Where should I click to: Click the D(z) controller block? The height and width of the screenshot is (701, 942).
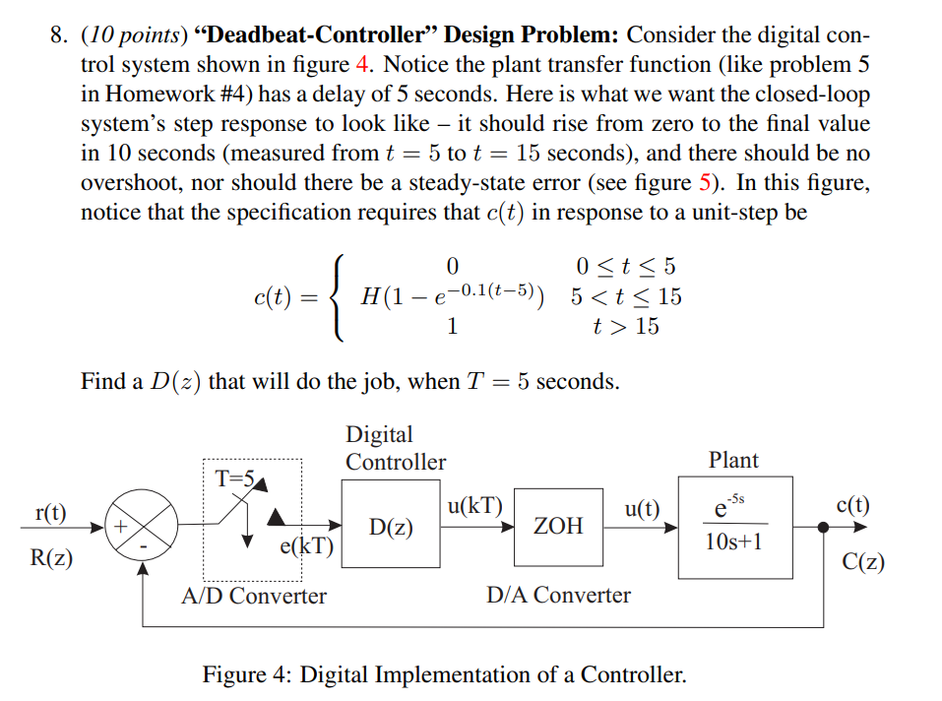(392, 527)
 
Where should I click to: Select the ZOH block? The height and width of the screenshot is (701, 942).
(558, 527)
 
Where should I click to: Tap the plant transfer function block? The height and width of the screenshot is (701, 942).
(734, 527)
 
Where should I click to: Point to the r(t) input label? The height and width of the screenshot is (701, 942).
(49, 512)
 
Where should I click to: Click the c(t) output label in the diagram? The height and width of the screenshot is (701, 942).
(852, 505)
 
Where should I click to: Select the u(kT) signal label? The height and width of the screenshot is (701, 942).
(474, 507)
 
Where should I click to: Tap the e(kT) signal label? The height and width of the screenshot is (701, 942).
(307, 545)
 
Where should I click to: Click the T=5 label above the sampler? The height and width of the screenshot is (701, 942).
(236, 478)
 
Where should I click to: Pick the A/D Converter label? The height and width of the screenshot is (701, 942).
(254, 596)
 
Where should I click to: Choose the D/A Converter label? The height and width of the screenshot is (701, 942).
(558, 595)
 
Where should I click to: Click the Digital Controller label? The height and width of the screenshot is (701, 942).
(395, 448)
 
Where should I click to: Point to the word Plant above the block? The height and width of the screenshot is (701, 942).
(733, 460)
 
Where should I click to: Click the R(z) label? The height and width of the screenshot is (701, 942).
(51, 558)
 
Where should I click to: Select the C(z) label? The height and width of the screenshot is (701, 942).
(863, 562)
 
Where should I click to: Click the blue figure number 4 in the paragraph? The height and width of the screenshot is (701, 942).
(359, 66)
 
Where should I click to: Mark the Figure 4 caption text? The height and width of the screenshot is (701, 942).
(444, 675)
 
